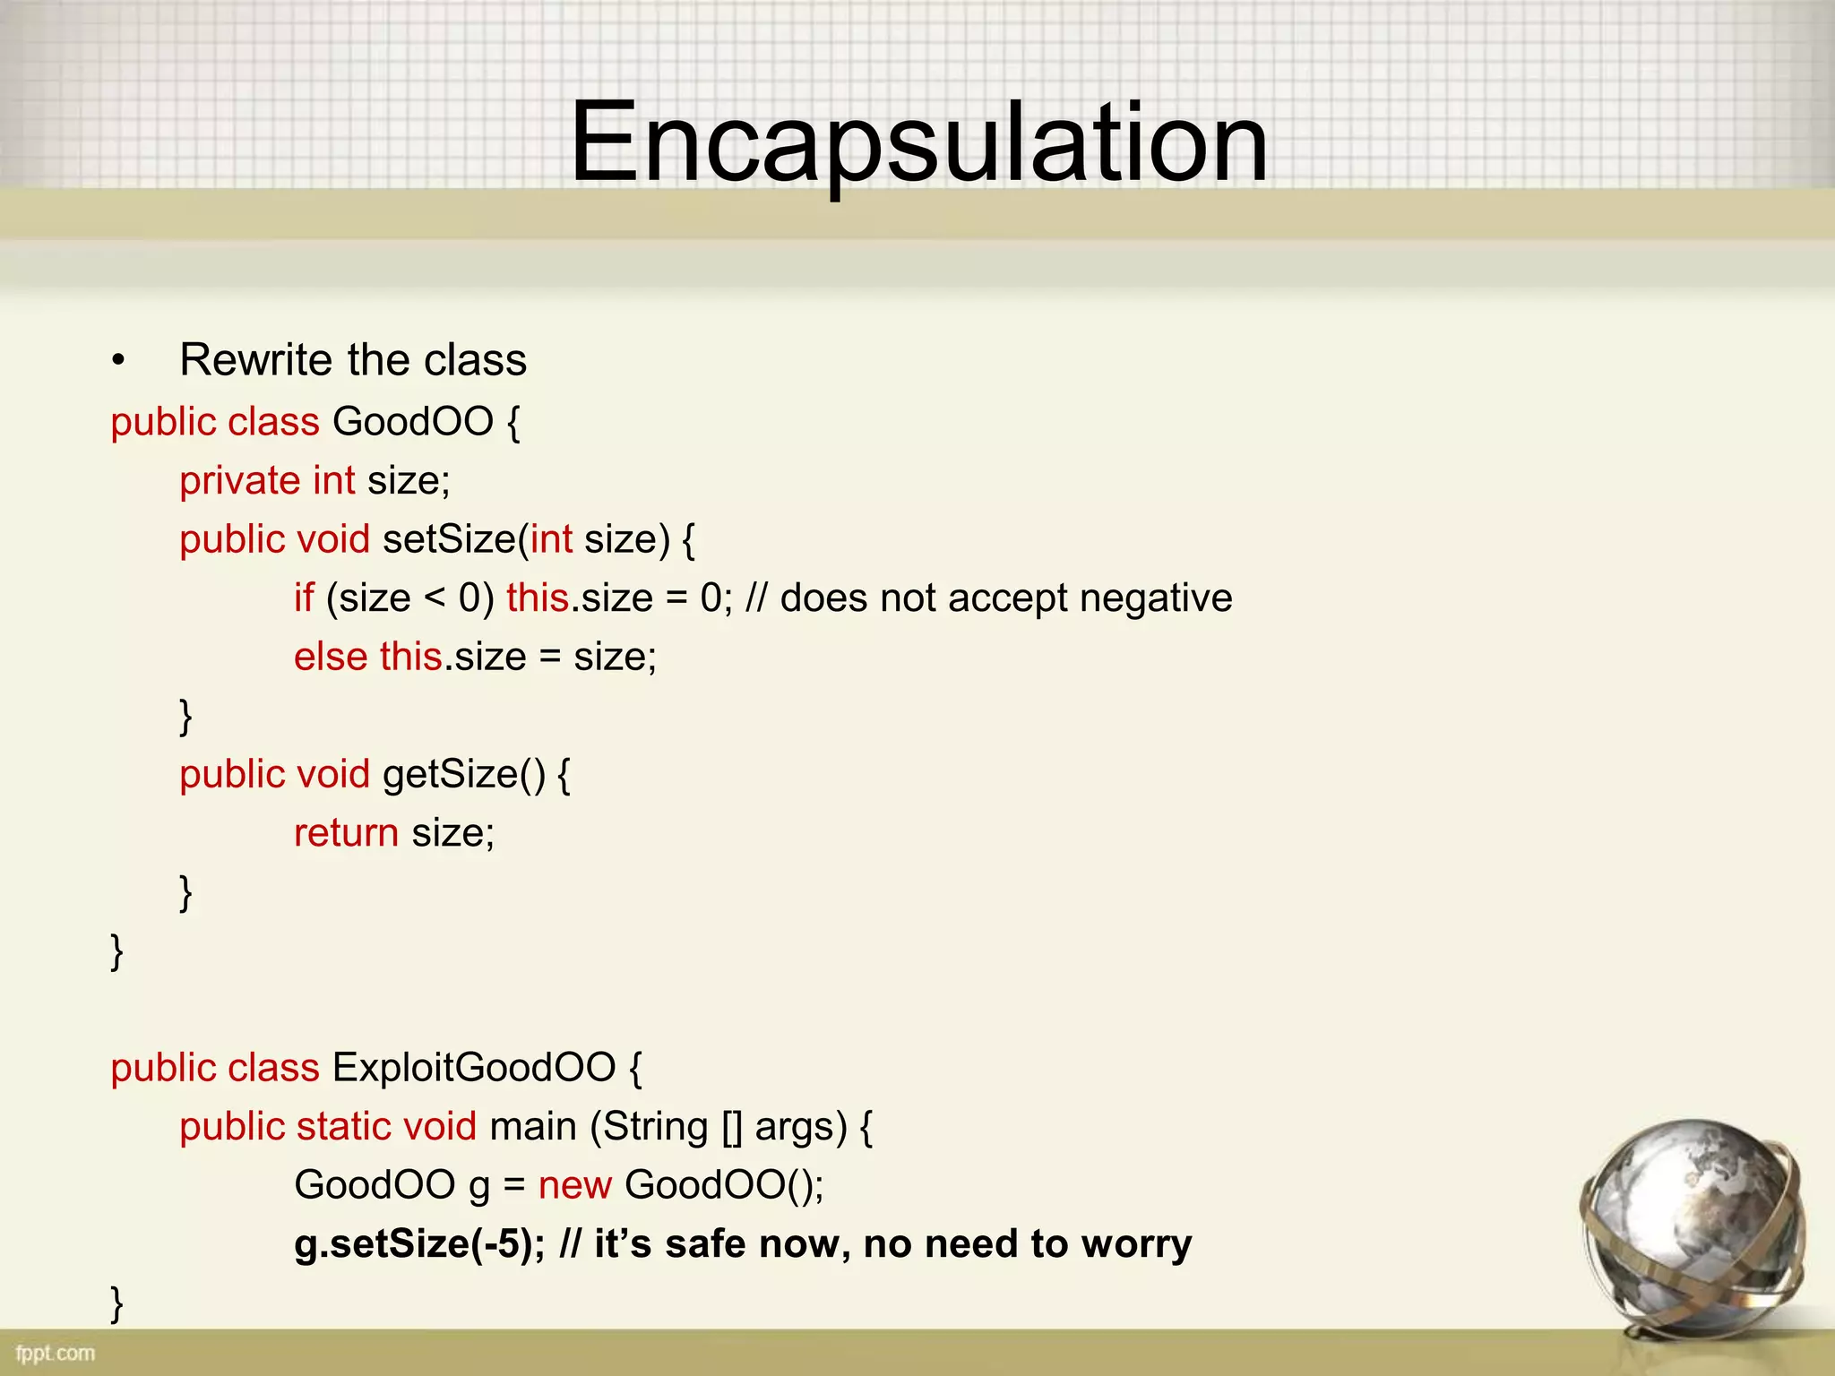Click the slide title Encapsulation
tap(919, 143)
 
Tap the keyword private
tap(239, 481)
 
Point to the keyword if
tap(304, 598)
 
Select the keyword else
tap(331, 657)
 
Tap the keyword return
tap(346, 833)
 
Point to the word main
tap(533, 1127)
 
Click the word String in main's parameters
tap(655, 1127)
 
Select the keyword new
tap(575, 1185)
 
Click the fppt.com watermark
tap(56, 1353)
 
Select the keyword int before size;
tap(334, 481)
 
